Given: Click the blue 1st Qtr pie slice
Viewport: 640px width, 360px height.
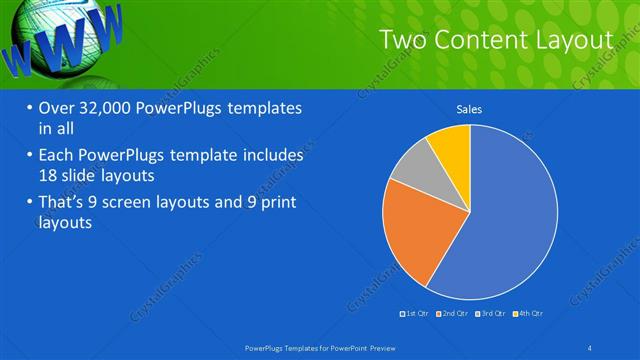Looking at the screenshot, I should pos(510,220).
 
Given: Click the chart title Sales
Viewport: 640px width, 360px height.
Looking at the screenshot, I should pos(470,109).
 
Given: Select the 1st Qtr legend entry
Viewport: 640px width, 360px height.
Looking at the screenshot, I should pos(416,314).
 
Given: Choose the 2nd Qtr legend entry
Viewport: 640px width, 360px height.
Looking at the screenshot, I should pos(454,314).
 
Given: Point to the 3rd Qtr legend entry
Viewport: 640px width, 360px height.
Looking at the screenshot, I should pos(492,314).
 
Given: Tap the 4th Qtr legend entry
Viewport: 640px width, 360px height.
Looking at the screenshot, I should pos(530,314).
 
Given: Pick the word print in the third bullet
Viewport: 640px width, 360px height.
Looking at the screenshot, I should pos(275,204).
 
